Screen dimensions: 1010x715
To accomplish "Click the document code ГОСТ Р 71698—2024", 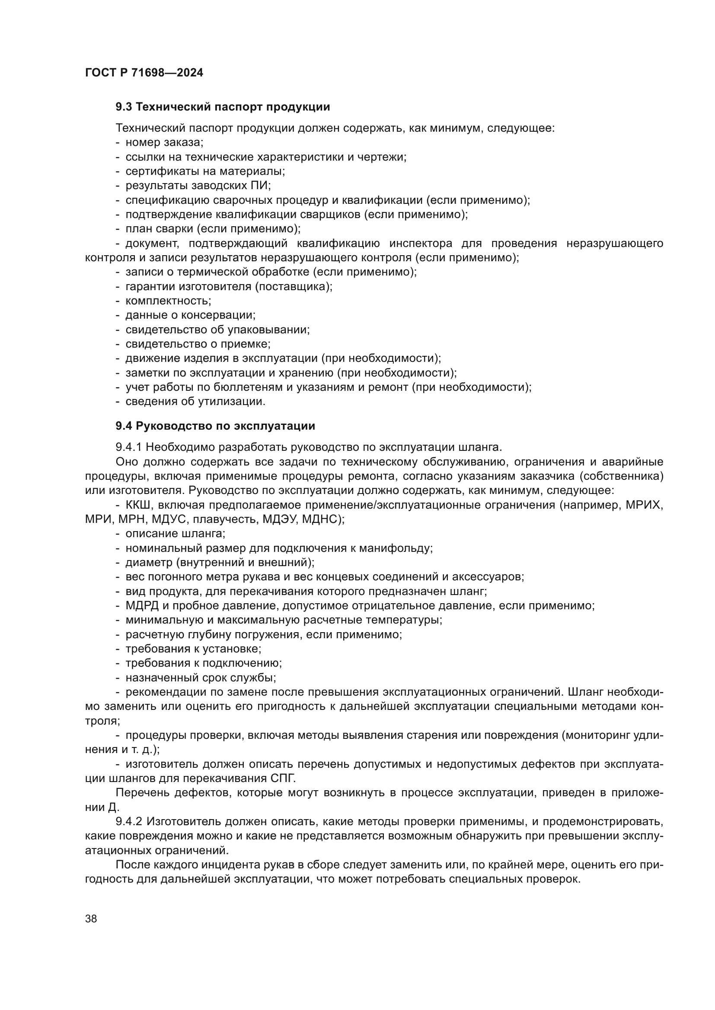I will click(x=144, y=73).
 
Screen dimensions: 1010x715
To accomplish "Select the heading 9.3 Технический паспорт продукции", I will click(x=223, y=107).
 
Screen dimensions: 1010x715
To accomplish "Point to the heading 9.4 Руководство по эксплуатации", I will click(x=215, y=426).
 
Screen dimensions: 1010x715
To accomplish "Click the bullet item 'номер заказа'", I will click(x=164, y=142).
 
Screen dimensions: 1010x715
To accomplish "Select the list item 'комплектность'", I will click(x=168, y=301).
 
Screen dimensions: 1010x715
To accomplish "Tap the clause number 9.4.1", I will click(x=128, y=447).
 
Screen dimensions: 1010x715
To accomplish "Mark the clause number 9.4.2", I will click(x=128, y=822).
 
